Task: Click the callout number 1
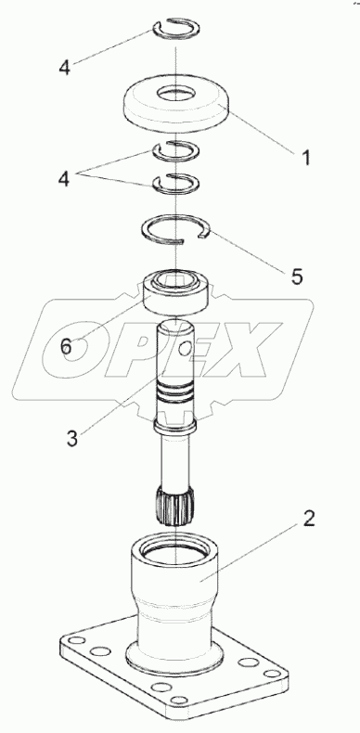(305, 159)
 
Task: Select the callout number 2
(309, 519)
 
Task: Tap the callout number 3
(72, 439)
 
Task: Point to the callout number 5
(296, 276)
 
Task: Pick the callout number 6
(66, 347)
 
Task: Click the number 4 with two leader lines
(64, 178)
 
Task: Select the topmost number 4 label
(64, 68)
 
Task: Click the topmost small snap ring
(176, 29)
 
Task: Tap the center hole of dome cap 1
(176, 94)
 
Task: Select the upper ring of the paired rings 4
(176, 150)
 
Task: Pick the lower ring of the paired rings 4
(176, 183)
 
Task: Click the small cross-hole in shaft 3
(186, 347)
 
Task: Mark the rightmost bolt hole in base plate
(272, 674)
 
